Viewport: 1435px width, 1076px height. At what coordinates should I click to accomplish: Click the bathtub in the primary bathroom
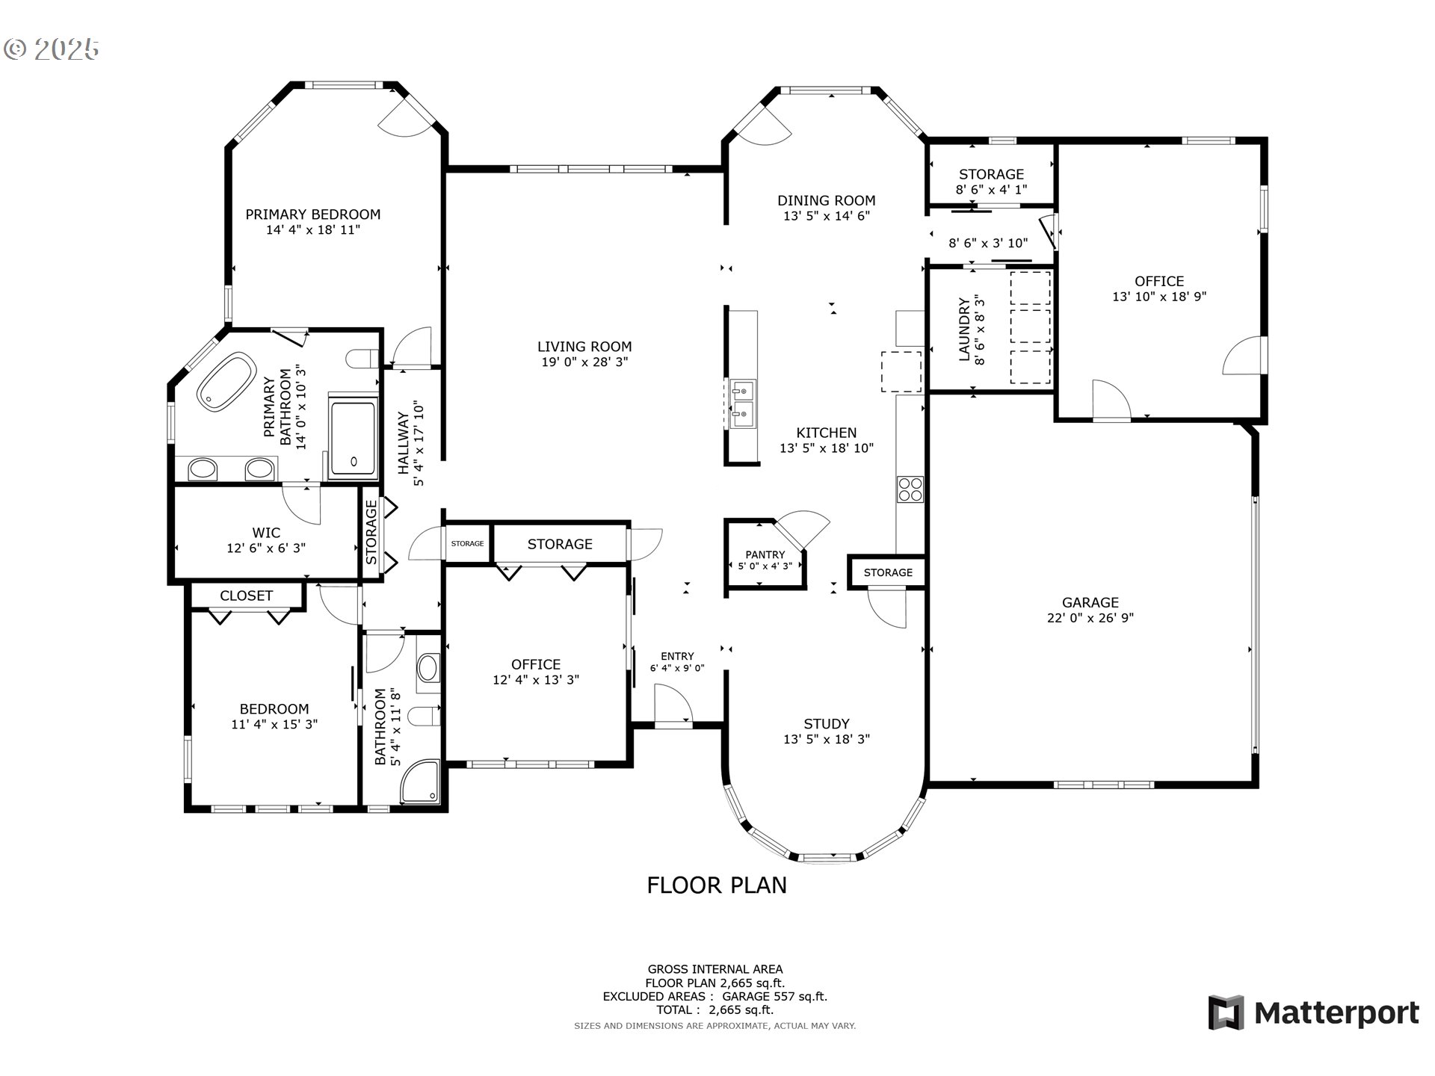226,381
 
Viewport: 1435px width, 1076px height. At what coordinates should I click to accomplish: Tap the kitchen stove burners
910,489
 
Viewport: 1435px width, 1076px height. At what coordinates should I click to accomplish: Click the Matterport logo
1313,1012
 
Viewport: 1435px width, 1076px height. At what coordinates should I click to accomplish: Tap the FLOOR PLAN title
717,885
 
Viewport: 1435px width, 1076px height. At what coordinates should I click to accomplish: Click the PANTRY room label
765,554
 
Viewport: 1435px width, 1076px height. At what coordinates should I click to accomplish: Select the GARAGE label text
1090,602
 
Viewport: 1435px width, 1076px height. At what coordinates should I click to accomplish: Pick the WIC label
266,533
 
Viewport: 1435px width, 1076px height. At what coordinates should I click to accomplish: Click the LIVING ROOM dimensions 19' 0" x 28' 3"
584,362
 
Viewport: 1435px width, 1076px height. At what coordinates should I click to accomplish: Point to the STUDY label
827,723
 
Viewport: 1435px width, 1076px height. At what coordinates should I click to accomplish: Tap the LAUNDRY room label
964,330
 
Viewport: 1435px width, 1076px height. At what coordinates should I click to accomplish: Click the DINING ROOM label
827,200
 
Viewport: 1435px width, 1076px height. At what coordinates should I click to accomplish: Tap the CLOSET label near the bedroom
246,596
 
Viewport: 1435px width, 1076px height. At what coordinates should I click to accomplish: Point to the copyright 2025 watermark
51,49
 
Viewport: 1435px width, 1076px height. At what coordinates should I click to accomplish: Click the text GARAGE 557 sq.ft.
775,996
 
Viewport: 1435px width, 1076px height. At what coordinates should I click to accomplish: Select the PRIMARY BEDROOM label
313,214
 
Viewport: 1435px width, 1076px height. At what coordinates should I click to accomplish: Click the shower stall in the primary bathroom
354,439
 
